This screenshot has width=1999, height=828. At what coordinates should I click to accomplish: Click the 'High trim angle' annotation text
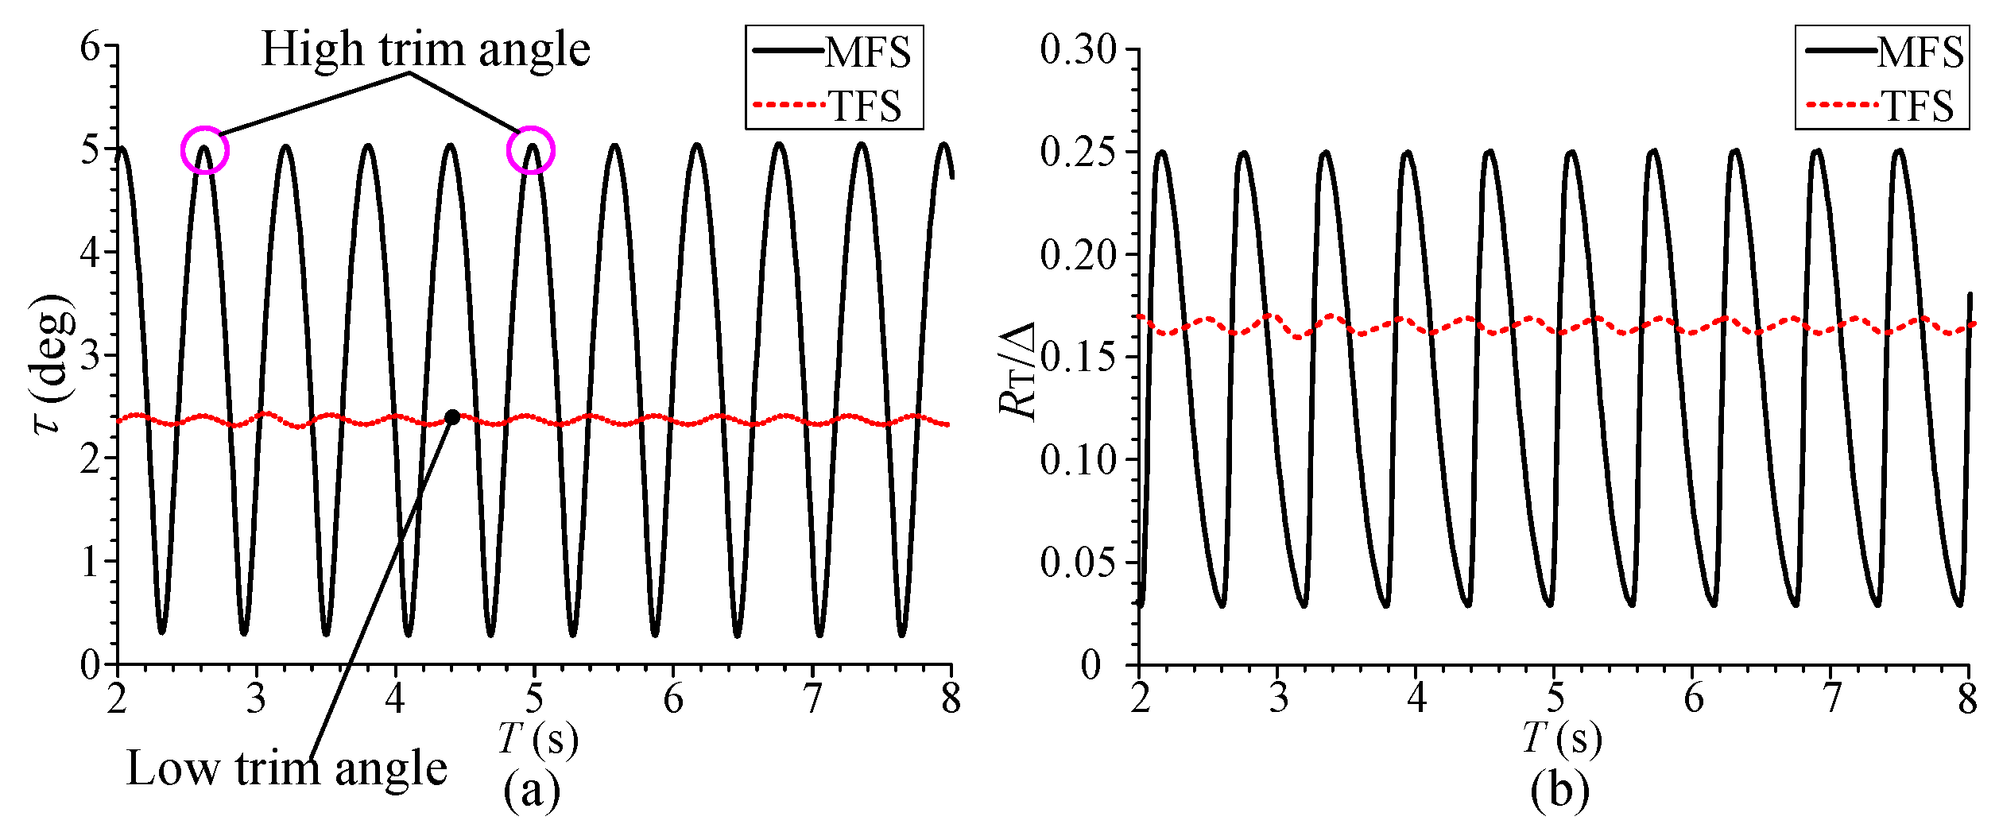[x=425, y=50]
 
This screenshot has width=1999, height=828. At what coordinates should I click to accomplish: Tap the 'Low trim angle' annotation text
[x=286, y=769]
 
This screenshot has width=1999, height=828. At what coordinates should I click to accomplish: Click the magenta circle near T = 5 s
[x=530, y=150]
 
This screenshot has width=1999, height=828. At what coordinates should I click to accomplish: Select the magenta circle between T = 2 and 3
[x=205, y=149]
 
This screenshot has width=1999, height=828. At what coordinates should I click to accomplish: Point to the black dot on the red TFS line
[x=452, y=417]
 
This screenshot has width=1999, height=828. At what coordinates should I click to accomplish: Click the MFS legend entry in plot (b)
[x=1885, y=52]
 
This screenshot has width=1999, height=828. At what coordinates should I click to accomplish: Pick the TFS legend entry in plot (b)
[x=1885, y=106]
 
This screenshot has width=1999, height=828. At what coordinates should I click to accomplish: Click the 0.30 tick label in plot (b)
[x=1078, y=49]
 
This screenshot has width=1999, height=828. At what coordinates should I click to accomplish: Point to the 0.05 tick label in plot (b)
[x=1078, y=563]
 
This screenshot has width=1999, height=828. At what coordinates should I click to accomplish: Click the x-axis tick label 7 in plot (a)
[x=812, y=700]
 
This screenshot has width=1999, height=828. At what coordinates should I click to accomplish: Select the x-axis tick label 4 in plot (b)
[x=1416, y=700]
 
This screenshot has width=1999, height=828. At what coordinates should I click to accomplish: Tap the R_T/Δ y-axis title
[x=1017, y=370]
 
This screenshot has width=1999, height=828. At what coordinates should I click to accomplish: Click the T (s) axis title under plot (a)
[x=538, y=738]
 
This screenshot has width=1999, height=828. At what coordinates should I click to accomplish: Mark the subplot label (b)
[x=1559, y=791]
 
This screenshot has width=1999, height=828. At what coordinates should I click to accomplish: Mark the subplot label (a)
[x=532, y=791]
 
